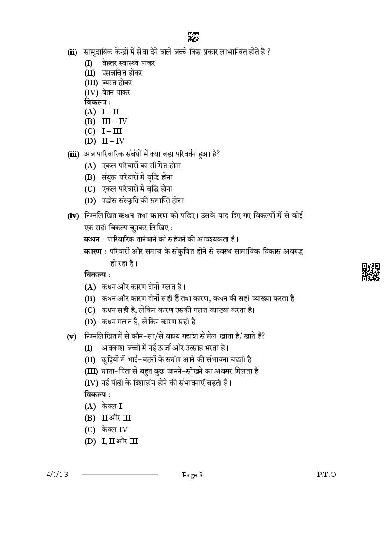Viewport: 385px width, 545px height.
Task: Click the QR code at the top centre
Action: pyautogui.click(x=193, y=37)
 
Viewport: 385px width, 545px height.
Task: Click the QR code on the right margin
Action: pyautogui.click(x=371, y=272)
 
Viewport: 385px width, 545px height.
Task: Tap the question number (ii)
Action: pyautogui.click(x=72, y=52)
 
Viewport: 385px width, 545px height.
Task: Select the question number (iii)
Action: pyautogui.click(x=73, y=153)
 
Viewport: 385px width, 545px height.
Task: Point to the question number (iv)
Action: pyautogui.click(x=73, y=215)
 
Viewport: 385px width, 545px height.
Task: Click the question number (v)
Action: pyautogui.click(x=72, y=337)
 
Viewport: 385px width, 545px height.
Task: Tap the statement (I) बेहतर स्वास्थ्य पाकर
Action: pyautogui.click(x=119, y=62)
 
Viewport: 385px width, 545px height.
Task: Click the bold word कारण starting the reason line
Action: pyautogui.click(x=94, y=251)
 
